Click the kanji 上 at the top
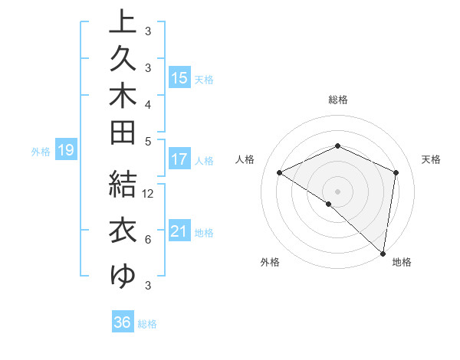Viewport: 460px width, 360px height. tap(123, 23)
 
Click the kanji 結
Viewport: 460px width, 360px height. tap(123, 184)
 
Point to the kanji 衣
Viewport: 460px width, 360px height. tap(123, 231)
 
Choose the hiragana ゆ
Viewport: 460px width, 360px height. tap(123, 274)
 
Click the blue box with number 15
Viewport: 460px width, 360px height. tap(179, 78)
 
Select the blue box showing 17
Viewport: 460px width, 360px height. tap(179, 160)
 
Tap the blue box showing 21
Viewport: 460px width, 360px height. tap(179, 231)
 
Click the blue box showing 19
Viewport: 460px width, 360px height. tap(65, 151)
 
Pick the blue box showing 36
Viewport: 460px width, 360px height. tap(123, 322)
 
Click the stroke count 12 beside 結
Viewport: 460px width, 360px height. tap(148, 194)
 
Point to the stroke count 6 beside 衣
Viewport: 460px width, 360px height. tap(147, 240)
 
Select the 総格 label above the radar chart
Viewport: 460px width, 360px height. tap(338, 100)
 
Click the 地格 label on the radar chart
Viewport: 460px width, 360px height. tap(402, 262)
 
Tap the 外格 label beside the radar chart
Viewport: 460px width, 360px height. tap(270, 262)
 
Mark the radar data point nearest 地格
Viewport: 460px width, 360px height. tap(383, 253)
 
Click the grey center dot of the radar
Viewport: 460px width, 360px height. tap(337, 191)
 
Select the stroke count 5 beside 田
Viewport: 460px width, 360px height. tap(147, 141)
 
